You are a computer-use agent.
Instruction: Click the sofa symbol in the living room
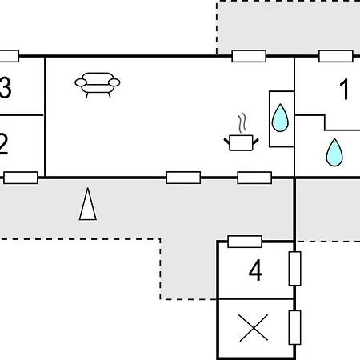tap(98, 85)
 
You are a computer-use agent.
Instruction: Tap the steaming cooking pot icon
tap(241, 133)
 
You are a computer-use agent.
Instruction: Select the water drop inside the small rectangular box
tap(280, 118)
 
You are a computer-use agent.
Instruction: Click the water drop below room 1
tap(334, 152)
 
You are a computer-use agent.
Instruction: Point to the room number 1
tap(345, 89)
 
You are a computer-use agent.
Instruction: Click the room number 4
tap(255, 270)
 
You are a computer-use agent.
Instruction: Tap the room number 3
tap(6, 87)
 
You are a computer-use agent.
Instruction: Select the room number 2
tap(4, 143)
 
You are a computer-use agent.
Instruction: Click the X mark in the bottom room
tap(254, 328)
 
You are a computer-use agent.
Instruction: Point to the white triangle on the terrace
tap(88, 204)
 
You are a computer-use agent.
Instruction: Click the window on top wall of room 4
tap(245, 242)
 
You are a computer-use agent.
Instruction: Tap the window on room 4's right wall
tap(295, 268)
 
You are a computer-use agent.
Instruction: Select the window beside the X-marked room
tap(295, 327)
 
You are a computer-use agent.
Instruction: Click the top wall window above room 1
tap(336, 56)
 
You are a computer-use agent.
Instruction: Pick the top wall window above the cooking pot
tap(249, 56)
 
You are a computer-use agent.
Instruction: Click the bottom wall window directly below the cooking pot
tap(254, 178)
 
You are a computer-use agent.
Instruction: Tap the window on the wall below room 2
tap(21, 178)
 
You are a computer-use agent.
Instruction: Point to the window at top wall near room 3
tap(10, 56)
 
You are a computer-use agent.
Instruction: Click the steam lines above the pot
tap(242, 123)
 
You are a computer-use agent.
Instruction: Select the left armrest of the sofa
tap(81, 82)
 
